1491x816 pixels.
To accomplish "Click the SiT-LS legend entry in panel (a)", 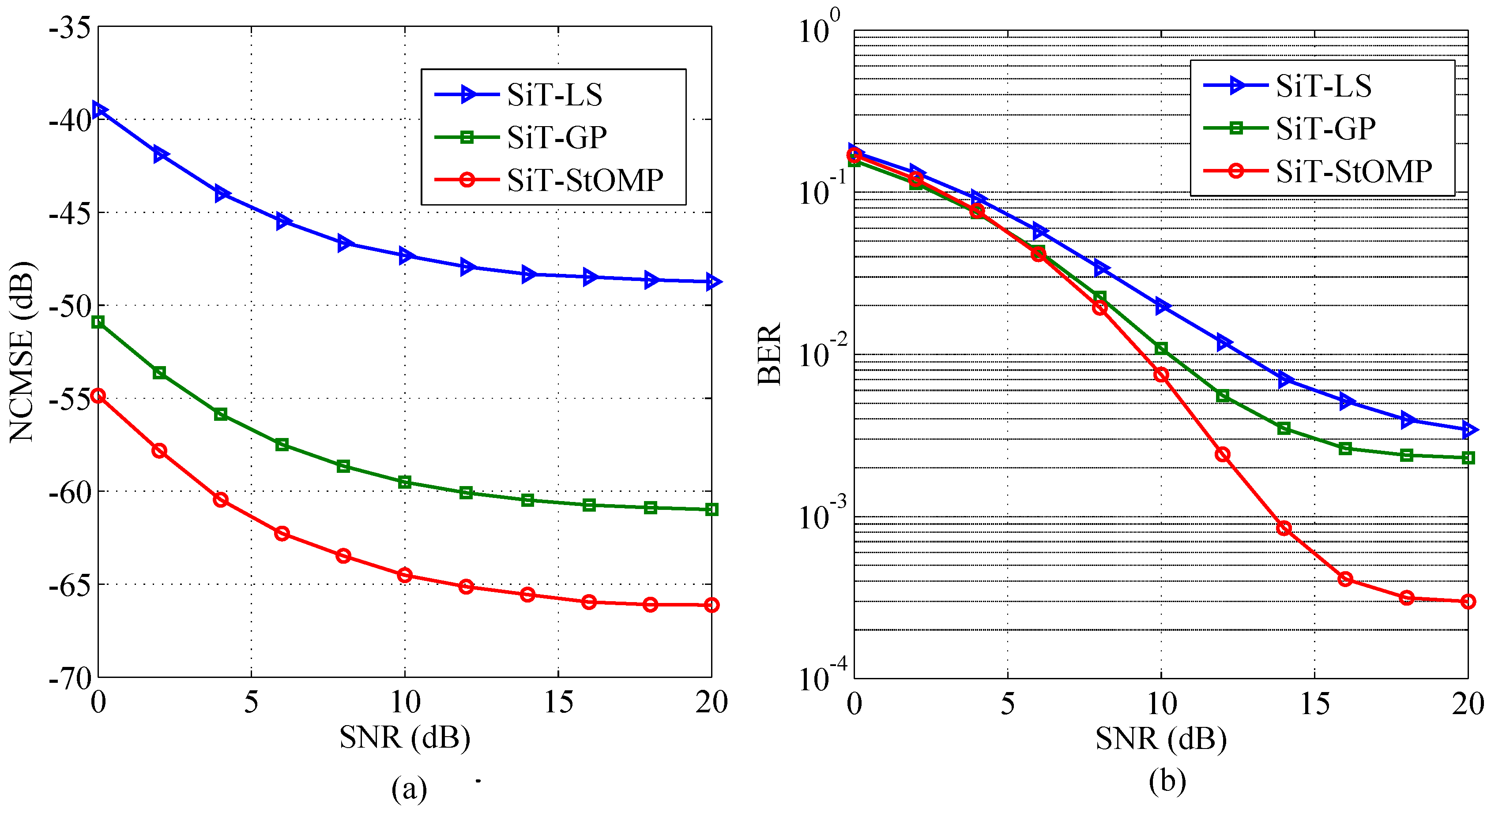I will [x=554, y=95].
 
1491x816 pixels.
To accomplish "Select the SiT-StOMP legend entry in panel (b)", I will [x=1353, y=171].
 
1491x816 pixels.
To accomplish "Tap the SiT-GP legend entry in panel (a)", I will [x=556, y=138].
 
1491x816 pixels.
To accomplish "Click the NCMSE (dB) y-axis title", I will [x=22, y=352].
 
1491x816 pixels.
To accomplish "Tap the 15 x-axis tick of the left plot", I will [x=558, y=702].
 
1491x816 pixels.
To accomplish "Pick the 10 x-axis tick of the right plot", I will [x=1161, y=703].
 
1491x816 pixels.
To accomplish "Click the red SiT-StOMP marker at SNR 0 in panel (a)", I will [x=98, y=396].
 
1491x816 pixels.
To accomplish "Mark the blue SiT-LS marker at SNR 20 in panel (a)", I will [x=712, y=282].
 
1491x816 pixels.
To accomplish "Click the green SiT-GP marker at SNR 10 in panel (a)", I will [x=405, y=482].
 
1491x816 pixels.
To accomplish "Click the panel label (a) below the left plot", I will [x=409, y=788].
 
